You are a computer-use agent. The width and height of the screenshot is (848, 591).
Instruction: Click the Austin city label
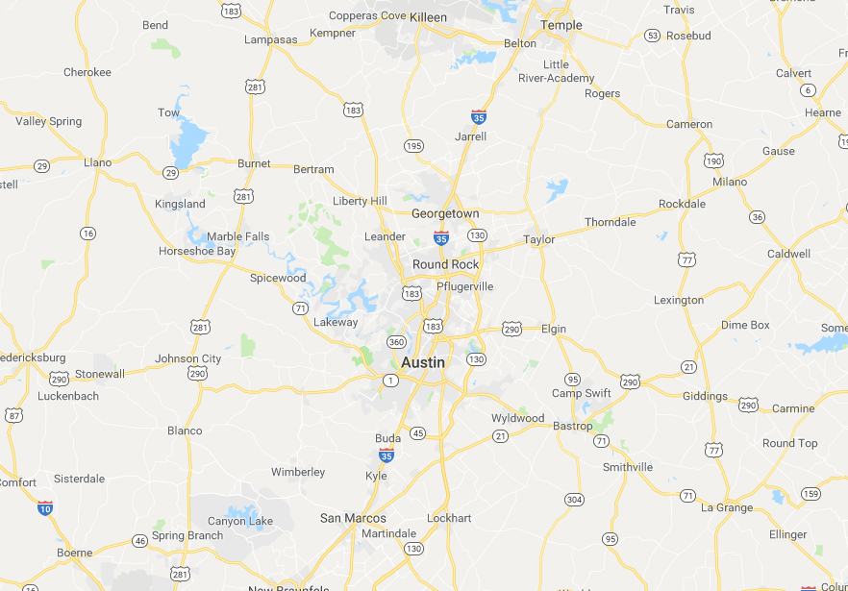[x=423, y=362]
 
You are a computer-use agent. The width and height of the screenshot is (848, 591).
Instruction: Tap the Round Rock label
[x=445, y=264]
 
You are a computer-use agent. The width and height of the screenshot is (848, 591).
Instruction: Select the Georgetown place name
[x=444, y=213]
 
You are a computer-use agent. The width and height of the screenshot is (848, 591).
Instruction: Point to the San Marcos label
[x=353, y=518]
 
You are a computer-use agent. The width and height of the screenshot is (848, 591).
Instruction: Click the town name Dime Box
[x=745, y=325]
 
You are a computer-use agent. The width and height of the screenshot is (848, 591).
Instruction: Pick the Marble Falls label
[x=237, y=236]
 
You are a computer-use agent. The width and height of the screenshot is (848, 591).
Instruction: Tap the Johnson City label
[x=188, y=358]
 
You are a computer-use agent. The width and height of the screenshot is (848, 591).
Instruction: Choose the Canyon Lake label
[x=240, y=521]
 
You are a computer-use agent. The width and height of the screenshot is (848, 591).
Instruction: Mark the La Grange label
[x=727, y=507]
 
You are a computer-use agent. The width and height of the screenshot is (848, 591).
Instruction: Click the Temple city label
[x=561, y=25]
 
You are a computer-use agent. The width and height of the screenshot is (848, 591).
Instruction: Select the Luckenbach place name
[x=68, y=396]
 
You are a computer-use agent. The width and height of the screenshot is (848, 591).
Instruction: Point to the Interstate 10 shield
[x=45, y=506]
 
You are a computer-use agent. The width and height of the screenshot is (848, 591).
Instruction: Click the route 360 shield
[x=394, y=342]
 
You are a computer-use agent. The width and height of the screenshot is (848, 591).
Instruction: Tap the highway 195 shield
[x=413, y=146]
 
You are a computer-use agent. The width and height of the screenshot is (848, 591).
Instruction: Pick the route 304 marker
[x=574, y=499]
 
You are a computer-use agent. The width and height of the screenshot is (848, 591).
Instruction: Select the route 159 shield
[x=810, y=494]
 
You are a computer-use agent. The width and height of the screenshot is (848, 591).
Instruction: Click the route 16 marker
[x=88, y=234]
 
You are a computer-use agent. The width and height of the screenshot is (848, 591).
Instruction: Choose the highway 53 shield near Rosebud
[x=653, y=36]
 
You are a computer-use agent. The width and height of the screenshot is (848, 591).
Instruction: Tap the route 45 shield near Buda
[x=417, y=433]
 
